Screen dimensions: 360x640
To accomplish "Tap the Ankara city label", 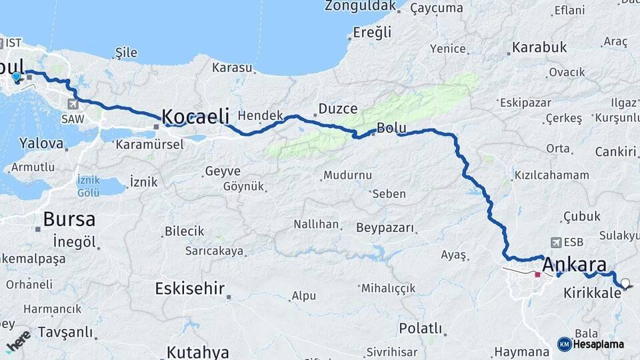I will pyautogui.click(x=574, y=264).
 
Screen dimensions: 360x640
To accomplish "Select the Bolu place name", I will pyautogui.click(x=391, y=127).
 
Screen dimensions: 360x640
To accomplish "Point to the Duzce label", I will pyautogui.click(x=338, y=109).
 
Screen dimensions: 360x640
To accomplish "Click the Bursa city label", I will pyautogui.click(x=69, y=219).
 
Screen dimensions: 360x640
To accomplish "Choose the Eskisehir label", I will pyautogui.click(x=190, y=289).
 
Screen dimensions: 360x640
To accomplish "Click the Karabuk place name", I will pyautogui.click(x=539, y=47).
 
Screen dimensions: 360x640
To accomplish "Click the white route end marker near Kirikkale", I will pyautogui.click(x=625, y=283).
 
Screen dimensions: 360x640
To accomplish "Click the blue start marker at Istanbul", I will pyautogui.click(x=16, y=77).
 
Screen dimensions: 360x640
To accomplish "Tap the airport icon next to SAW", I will pyautogui.click(x=72, y=103).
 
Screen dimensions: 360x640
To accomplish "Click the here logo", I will pyautogui.click(x=17, y=339).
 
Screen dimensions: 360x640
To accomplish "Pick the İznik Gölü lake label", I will pyautogui.click(x=88, y=186).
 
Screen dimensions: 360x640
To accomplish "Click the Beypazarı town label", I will pyautogui.click(x=385, y=228).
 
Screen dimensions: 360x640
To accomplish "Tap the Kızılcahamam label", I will pyautogui.click(x=551, y=175).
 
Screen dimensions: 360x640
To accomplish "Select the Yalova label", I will pyautogui.click(x=41, y=143).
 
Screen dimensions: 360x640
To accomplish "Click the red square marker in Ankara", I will pyautogui.click(x=537, y=274).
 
